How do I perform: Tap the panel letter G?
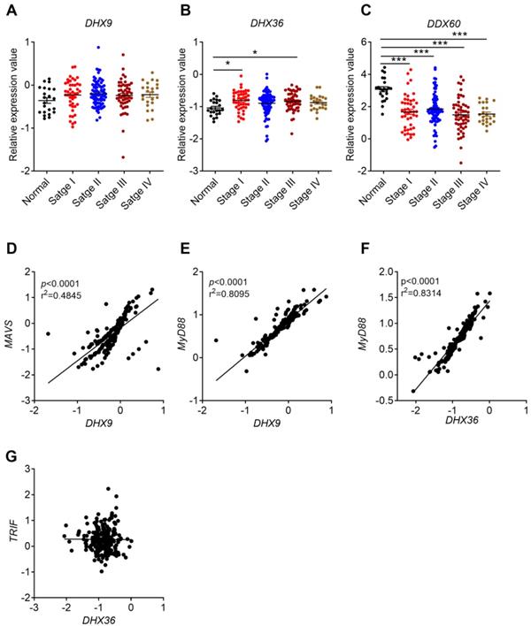point(12,454)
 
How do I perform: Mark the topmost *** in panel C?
point(458,35)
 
